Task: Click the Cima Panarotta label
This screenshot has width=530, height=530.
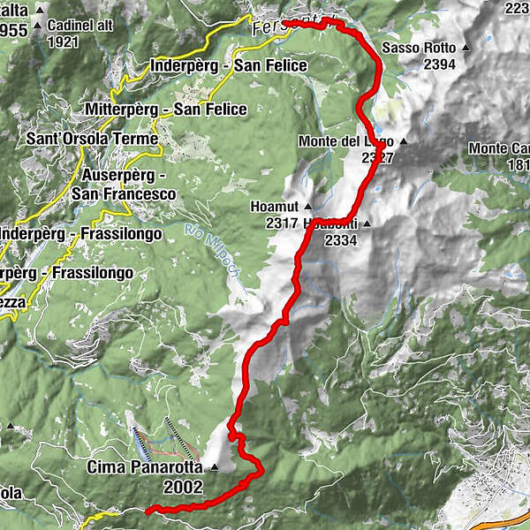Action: point(146,467)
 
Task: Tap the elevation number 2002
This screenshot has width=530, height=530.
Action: point(183,487)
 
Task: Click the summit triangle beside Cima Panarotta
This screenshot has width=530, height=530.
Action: point(214,466)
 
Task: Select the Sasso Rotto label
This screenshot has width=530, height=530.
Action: point(420,47)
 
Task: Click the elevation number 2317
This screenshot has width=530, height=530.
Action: point(281,223)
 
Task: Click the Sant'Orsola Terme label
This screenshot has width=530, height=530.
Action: point(92,139)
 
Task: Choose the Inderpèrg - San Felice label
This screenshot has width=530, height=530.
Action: point(229,65)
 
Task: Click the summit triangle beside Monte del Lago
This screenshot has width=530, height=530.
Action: point(403,141)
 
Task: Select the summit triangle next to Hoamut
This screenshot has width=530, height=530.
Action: point(307,206)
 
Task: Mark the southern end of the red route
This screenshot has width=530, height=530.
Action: point(148,510)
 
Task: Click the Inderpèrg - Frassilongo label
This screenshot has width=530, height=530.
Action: point(81,234)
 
